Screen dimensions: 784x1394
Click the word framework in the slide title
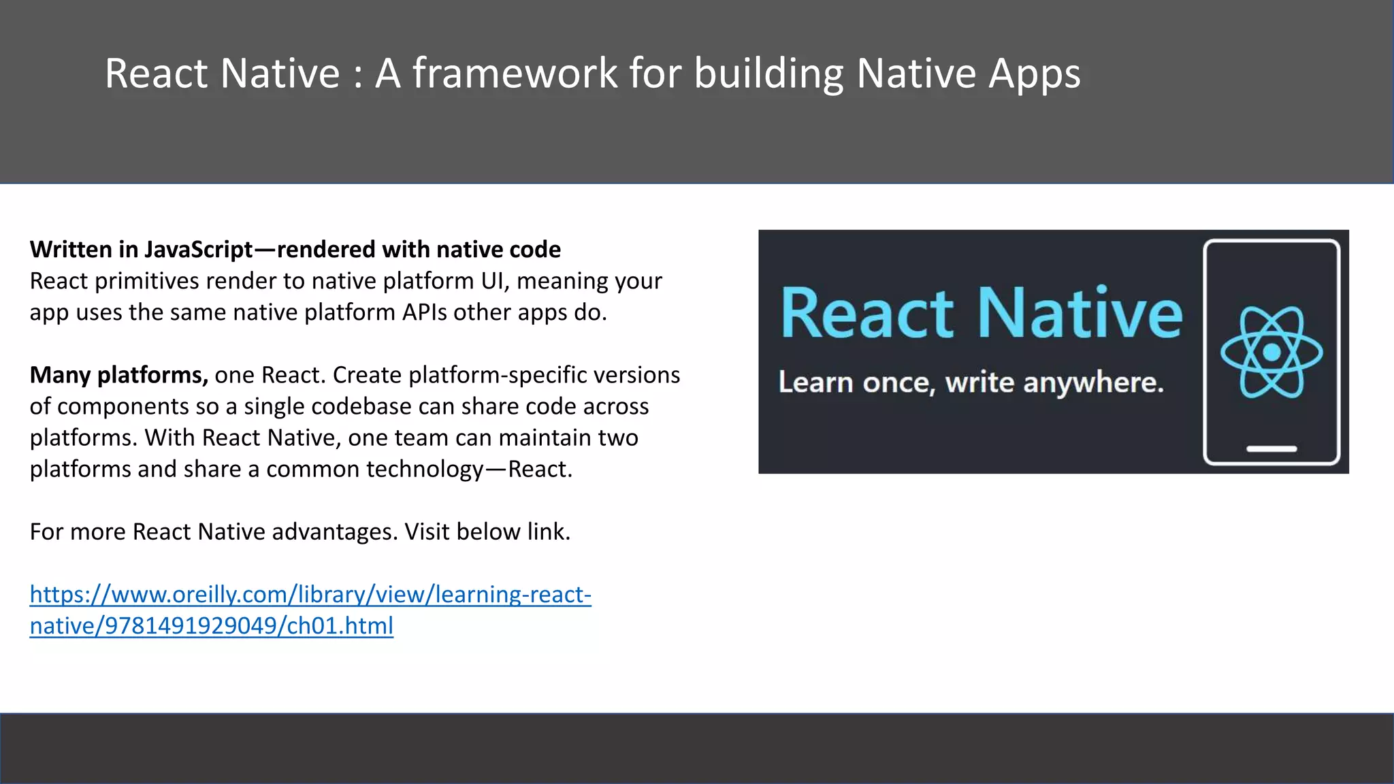click(x=514, y=73)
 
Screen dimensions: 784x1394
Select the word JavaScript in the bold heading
click(x=198, y=250)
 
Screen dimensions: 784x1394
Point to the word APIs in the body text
click(x=425, y=312)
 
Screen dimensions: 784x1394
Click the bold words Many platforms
click(x=118, y=375)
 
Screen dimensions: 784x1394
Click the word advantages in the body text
click(x=334, y=532)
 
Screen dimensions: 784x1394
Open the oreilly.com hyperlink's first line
click(x=310, y=594)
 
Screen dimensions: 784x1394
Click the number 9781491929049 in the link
click(x=191, y=625)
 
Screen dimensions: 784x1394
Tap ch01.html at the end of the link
click(x=340, y=625)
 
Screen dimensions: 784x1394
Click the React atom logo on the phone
click(x=1271, y=352)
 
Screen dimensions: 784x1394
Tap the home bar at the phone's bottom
click(x=1271, y=449)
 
